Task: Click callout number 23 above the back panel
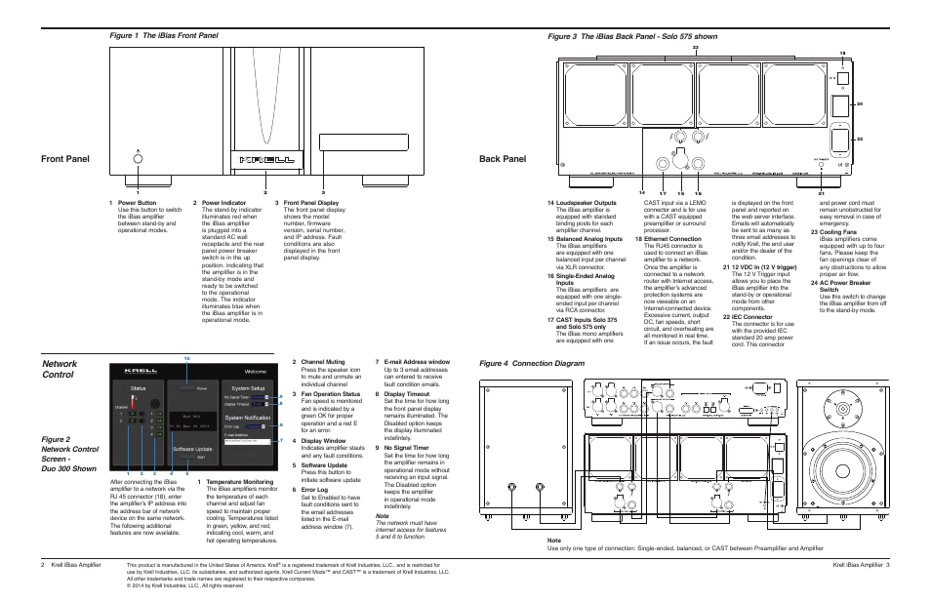coord(696,47)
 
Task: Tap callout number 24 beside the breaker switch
coord(860,103)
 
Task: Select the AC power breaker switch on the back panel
coord(839,104)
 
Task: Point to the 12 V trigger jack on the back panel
coord(822,166)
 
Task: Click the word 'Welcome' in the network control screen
coord(255,372)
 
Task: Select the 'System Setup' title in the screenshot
coord(248,387)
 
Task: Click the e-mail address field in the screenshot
coord(251,440)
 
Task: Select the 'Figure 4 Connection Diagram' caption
coord(531,363)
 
